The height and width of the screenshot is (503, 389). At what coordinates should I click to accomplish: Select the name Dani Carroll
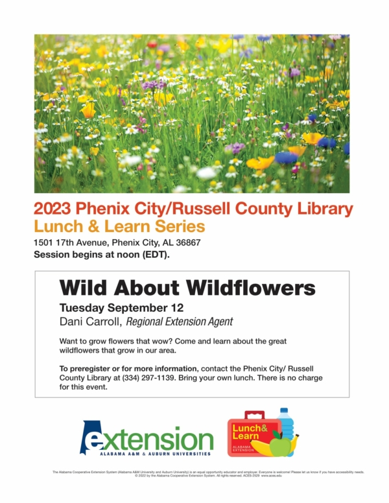pyautogui.click(x=90, y=321)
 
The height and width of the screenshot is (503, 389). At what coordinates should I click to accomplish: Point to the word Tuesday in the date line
pyautogui.click(x=81, y=307)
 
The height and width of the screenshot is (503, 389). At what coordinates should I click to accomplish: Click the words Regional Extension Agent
pyautogui.click(x=180, y=321)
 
